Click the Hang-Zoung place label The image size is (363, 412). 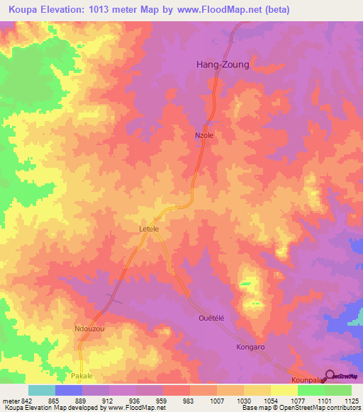[x=222, y=64]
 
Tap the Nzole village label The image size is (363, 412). [x=204, y=135]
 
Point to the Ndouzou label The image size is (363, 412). [x=90, y=329]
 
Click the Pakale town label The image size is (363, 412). [x=82, y=375]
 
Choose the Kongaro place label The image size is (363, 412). [x=250, y=348]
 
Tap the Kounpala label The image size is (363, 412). [x=307, y=380]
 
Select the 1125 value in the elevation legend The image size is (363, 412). [x=352, y=401]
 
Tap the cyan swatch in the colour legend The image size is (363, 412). [x=42, y=390]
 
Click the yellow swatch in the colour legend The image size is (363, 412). [x=284, y=390]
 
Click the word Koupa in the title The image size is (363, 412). [x=26, y=9]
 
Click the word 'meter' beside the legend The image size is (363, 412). [x=13, y=401]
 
